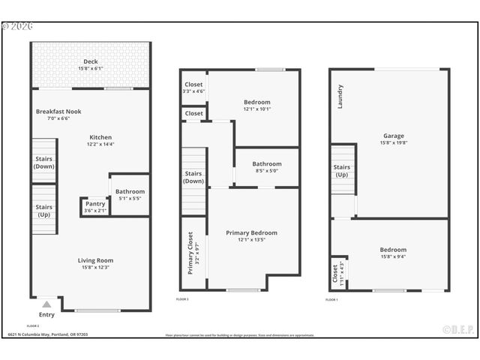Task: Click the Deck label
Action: click(91, 61)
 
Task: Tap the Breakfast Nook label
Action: click(58, 112)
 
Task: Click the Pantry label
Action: click(95, 203)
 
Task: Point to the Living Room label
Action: click(95, 260)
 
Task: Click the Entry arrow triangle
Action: click(46, 304)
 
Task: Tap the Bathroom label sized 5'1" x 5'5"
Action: click(130, 191)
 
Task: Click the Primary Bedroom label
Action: click(251, 233)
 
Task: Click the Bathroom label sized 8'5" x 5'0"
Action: click(266, 163)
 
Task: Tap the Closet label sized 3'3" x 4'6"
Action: click(193, 85)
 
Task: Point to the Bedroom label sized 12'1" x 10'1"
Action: click(256, 102)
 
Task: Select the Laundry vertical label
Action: click(340, 96)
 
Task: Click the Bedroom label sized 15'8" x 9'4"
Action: click(392, 250)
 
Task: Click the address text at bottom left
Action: click(48, 334)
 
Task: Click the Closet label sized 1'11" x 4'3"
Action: click(335, 275)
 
